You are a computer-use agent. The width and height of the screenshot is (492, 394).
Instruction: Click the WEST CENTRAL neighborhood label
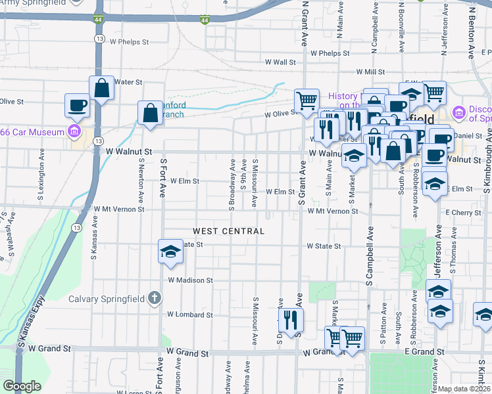pyautogui.click(x=228, y=231)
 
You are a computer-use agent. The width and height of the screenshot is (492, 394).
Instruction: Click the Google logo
pyautogui.click(x=22, y=386)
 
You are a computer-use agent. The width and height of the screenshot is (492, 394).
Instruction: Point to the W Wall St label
pyautogui.click(x=281, y=62)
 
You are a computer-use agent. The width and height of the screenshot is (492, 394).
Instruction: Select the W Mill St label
pyautogui.click(x=370, y=72)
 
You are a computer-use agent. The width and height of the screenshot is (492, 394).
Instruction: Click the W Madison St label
pyautogui.click(x=190, y=280)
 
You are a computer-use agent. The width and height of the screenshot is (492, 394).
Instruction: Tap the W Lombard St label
pyautogui.click(x=189, y=315)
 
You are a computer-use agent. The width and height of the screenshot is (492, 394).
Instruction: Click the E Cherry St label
pyautogui.click(x=463, y=213)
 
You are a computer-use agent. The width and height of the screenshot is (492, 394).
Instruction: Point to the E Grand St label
pyautogui.click(x=420, y=352)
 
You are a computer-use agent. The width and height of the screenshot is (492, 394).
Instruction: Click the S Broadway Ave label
pyautogui.click(x=232, y=175)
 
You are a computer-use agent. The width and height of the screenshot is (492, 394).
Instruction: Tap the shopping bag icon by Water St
pyautogui.click(x=102, y=87)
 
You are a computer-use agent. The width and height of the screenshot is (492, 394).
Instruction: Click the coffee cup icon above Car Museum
pyautogui.click(x=77, y=104)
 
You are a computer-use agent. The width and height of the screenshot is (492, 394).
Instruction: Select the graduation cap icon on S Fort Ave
pyautogui.click(x=170, y=252)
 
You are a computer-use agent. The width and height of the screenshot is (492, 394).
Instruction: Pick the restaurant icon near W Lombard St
pyautogui.click(x=290, y=320)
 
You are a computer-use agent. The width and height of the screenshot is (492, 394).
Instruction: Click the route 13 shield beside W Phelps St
pyautogui.click(x=99, y=39)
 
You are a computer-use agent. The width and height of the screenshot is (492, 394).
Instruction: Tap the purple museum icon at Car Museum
pyautogui.click(x=74, y=133)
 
